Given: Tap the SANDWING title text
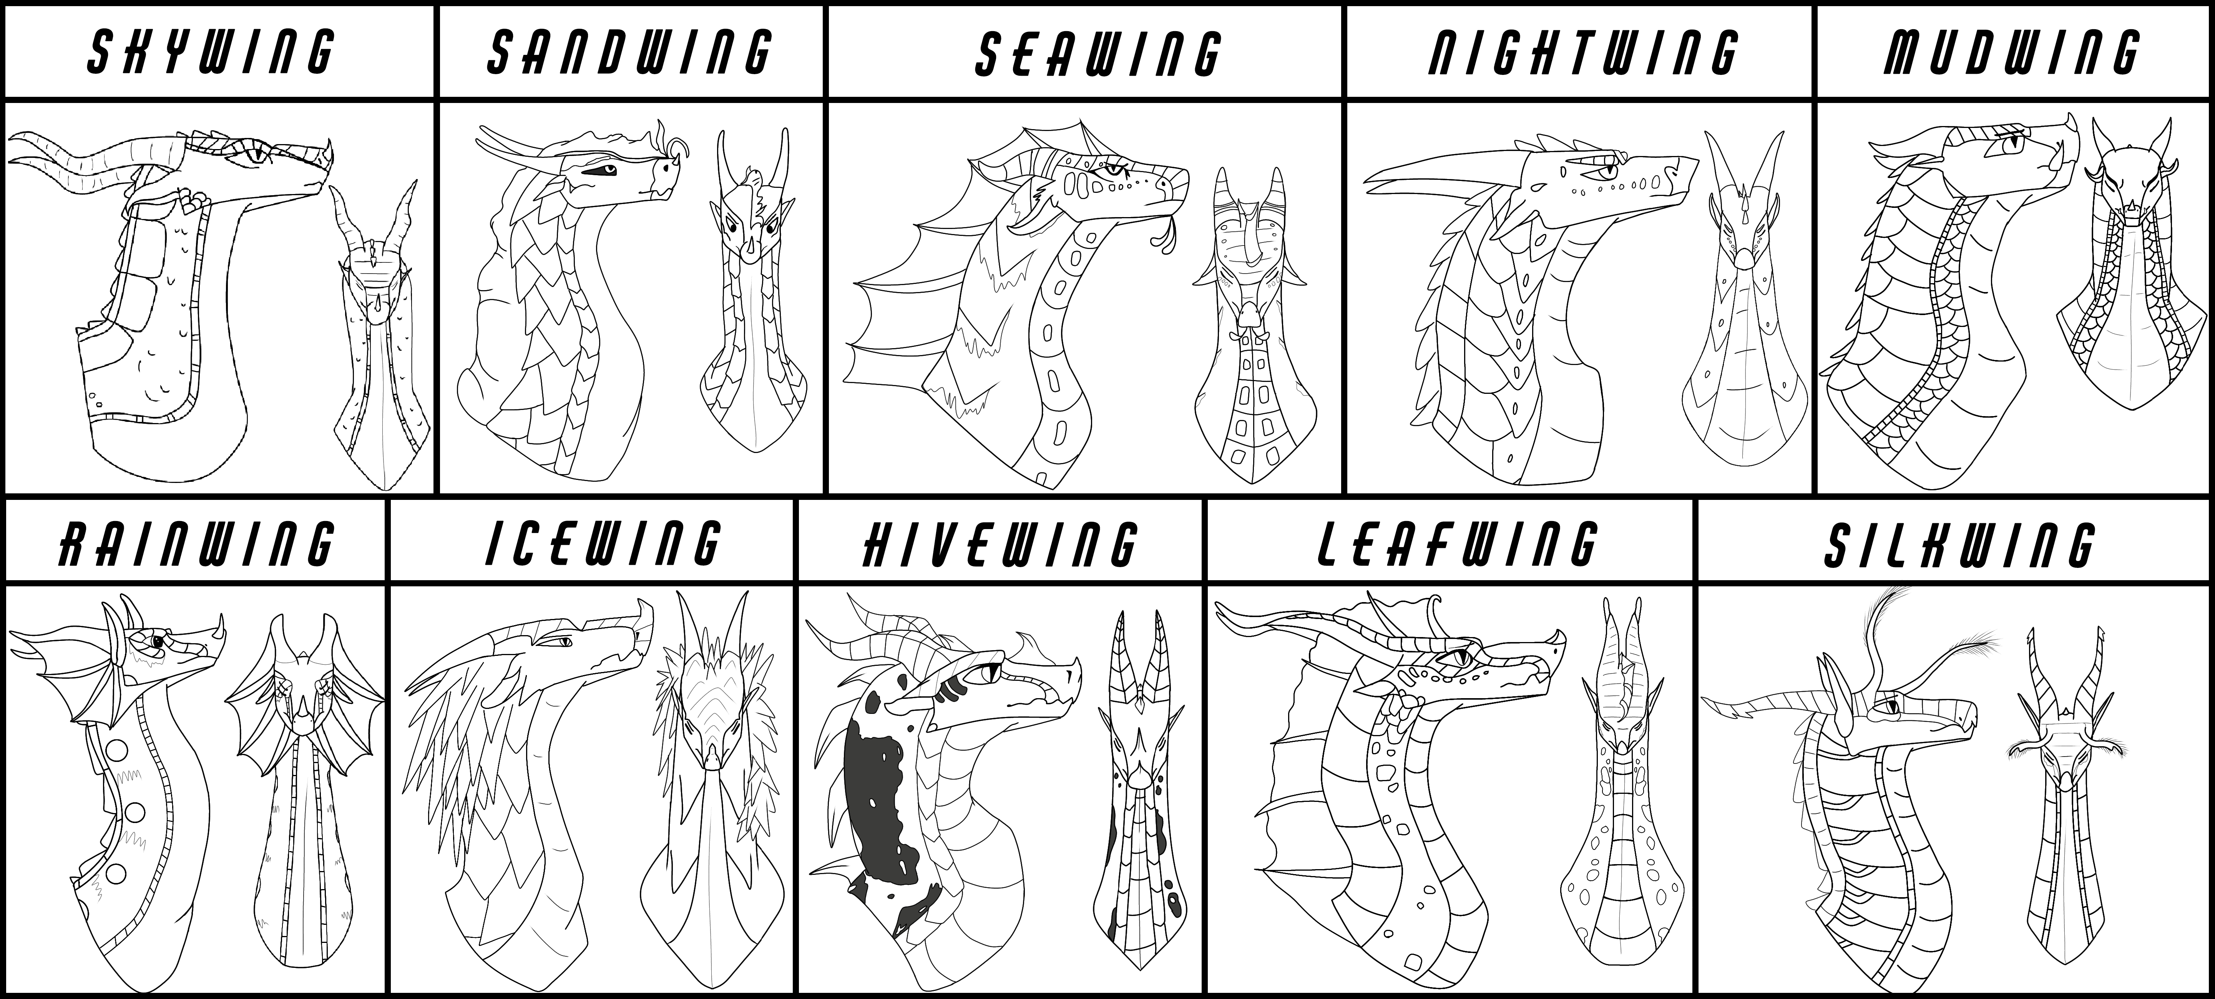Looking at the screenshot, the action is pos(629,51).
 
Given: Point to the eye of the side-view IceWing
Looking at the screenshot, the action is pos(562,665).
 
